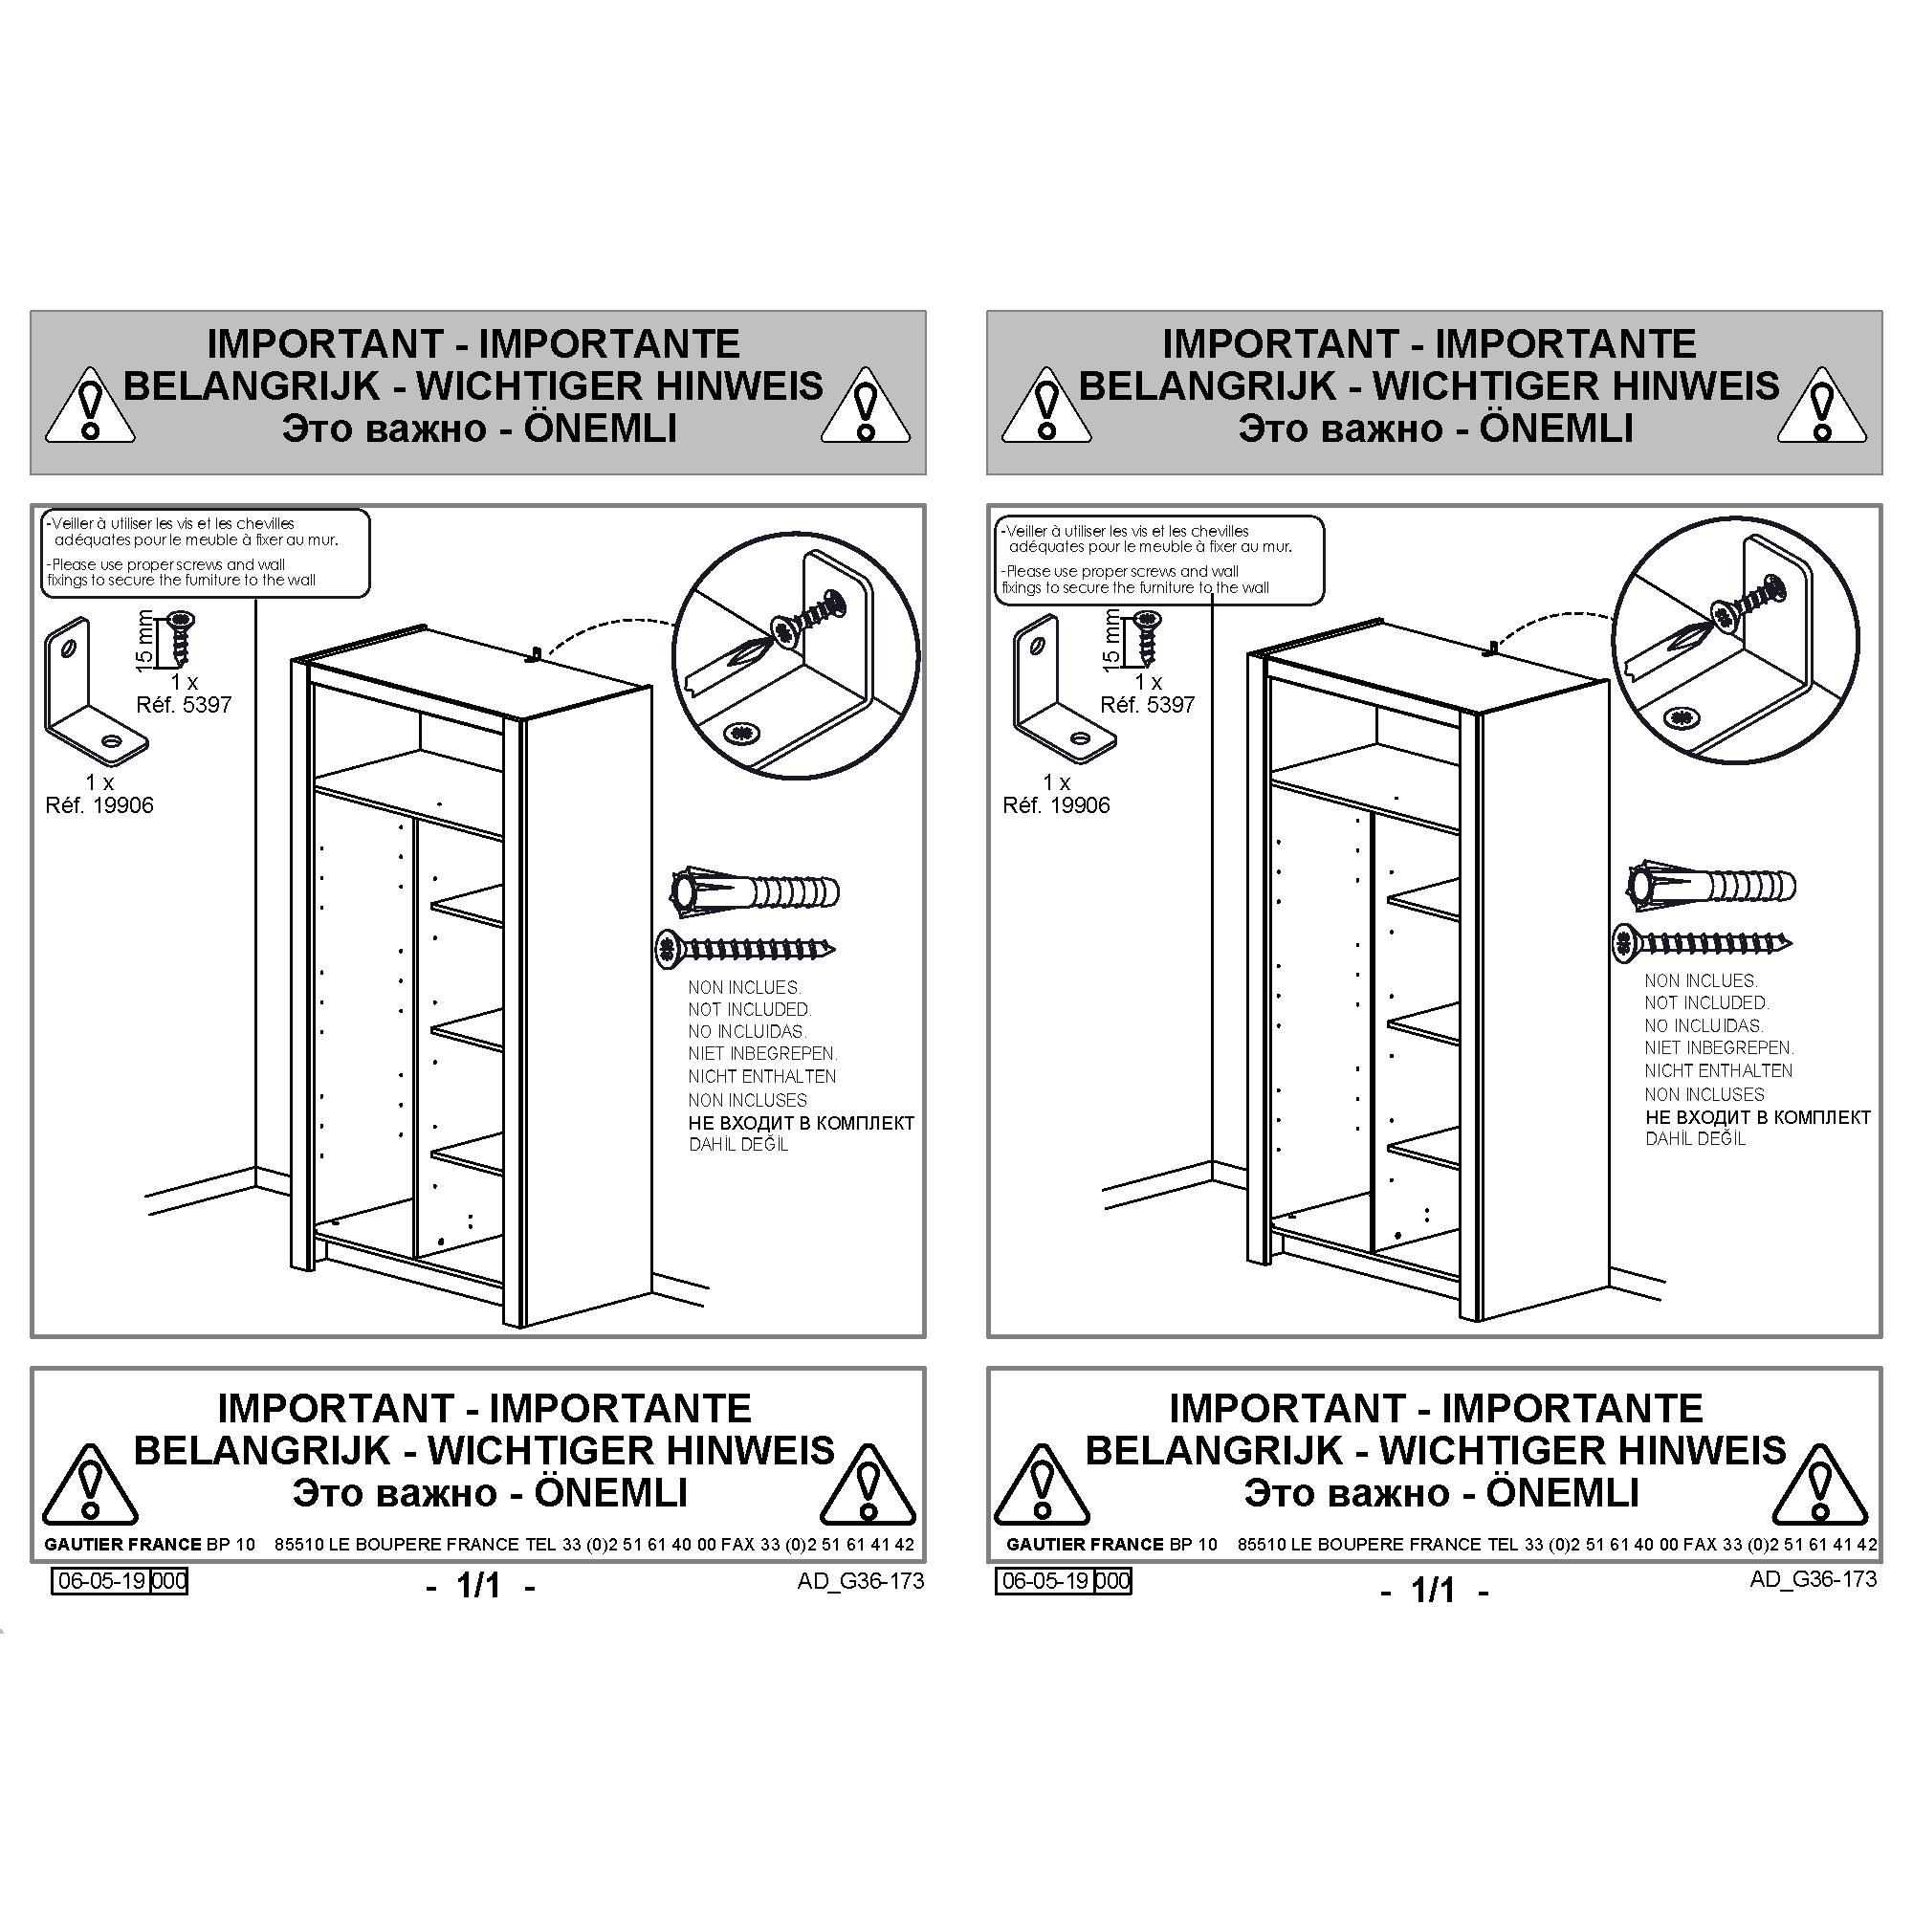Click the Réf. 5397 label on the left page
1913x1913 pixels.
point(184,705)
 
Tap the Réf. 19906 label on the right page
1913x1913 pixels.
point(1056,805)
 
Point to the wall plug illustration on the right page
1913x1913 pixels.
point(1712,884)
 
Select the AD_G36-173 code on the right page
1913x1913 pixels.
point(1813,1578)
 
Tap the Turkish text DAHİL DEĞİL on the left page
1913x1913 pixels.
point(737,1145)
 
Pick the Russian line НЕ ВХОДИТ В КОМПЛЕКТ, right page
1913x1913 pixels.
point(1757,1117)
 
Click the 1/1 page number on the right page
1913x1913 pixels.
point(1432,1591)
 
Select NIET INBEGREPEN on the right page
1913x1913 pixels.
point(1719,1047)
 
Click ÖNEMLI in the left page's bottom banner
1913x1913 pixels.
point(611,1493)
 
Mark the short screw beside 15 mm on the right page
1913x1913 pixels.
point(1148,637)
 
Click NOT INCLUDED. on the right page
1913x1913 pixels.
point(1706,1002)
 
